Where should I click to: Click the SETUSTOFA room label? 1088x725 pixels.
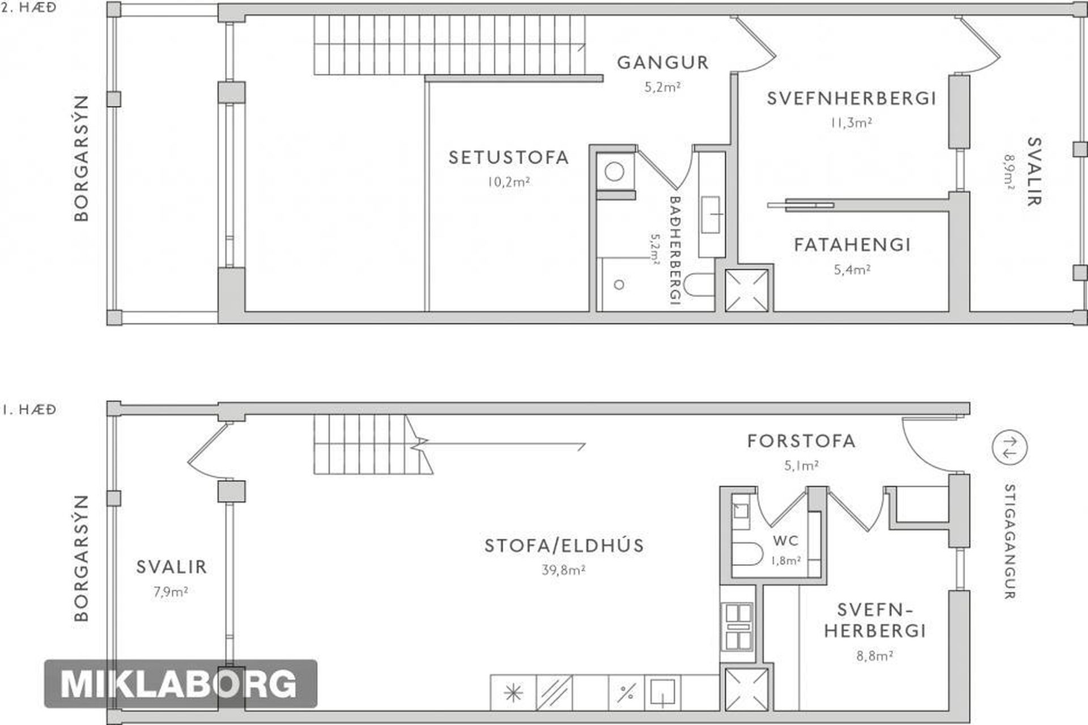(508, 157)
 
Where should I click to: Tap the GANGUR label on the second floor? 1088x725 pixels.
(662, 62)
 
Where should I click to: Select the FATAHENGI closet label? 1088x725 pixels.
(852, 245)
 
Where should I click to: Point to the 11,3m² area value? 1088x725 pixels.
(851, 122)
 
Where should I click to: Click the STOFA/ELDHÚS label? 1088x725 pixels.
(564, 545)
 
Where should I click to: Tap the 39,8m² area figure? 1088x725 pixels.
(563, 570)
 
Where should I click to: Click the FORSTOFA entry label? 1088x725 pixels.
(801, 441)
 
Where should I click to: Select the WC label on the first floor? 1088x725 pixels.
(785, 540)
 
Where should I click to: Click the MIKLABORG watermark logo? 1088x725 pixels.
(180, 684)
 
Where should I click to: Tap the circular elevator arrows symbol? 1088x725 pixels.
(1009, 447)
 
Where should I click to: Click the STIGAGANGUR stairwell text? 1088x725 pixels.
(1009, 541)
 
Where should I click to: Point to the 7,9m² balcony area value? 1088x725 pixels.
(171, 592)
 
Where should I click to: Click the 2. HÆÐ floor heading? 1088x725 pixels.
(29, 8)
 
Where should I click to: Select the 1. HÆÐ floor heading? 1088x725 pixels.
(29, 409)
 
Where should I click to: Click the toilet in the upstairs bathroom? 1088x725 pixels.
(699, 285)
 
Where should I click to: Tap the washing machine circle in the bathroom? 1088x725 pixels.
(615, 170)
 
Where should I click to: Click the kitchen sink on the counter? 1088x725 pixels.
(662, 693)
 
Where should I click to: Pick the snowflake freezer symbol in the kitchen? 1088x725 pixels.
(513, 692)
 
